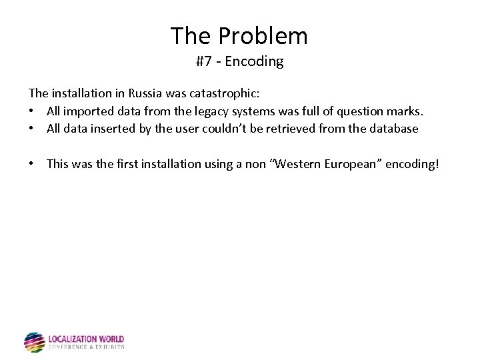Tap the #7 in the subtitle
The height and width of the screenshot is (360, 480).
(x=204, y=62)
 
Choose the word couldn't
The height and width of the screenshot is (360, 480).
(x=225, y=129)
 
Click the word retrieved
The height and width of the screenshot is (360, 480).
(x=287, y=129)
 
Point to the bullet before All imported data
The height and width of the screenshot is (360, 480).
(x=32, y=111)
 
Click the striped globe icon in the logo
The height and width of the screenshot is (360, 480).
(x=35, y=342)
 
